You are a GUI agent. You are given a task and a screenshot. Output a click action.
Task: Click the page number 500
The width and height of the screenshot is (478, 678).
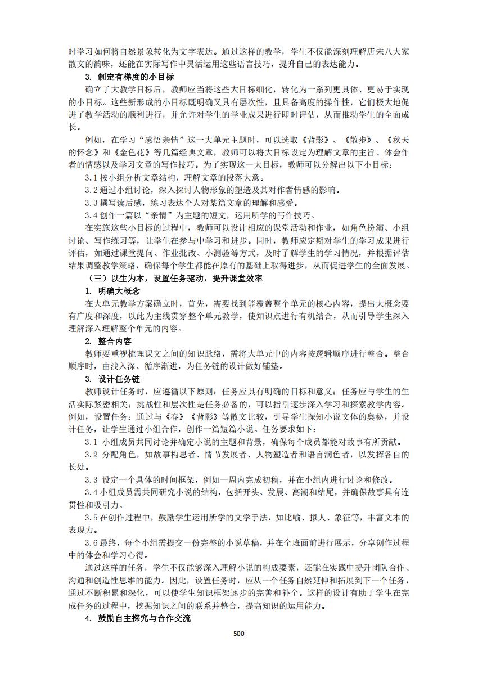pos(238,633)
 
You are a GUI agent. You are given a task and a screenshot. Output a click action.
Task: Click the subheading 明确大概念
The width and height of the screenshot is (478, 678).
pos(119,291)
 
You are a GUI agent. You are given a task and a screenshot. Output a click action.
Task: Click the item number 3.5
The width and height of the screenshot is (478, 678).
pos(92,517)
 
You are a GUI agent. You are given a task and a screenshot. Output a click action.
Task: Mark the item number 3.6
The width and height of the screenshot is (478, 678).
pos(92,543)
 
